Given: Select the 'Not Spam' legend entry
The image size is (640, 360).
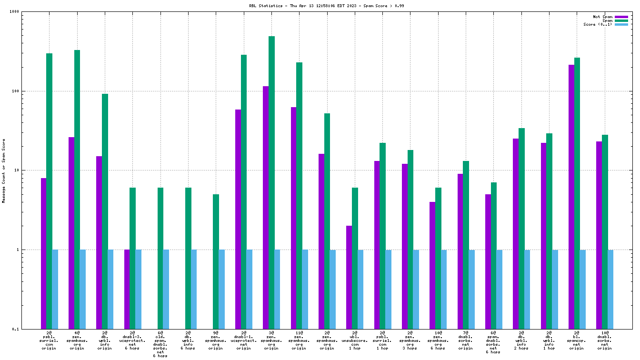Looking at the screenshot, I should coord(602,17).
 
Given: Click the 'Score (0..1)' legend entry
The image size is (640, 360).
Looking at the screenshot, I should coord(598,24).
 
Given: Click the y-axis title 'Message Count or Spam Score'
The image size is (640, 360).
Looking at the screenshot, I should coord(4,171).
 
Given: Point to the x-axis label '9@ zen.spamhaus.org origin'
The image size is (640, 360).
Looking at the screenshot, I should coord(216,340).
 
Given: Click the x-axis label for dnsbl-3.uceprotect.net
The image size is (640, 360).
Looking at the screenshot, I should coord(132,340).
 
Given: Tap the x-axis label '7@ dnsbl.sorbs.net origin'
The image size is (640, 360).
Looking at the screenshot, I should coord(466,340).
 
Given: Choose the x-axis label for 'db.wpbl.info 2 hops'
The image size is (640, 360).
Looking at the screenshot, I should coord(521,340).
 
